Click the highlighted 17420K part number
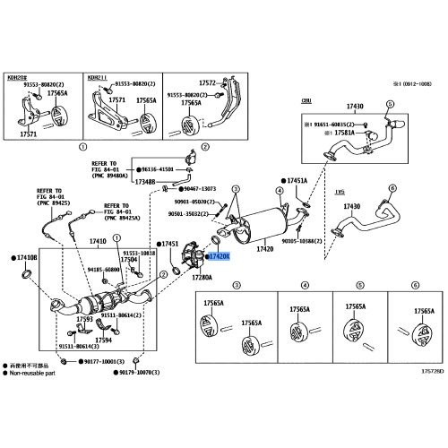pos(220,256)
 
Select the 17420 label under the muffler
pos(265,249)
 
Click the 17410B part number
pos(27,257)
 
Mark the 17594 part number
pos(103,340)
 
